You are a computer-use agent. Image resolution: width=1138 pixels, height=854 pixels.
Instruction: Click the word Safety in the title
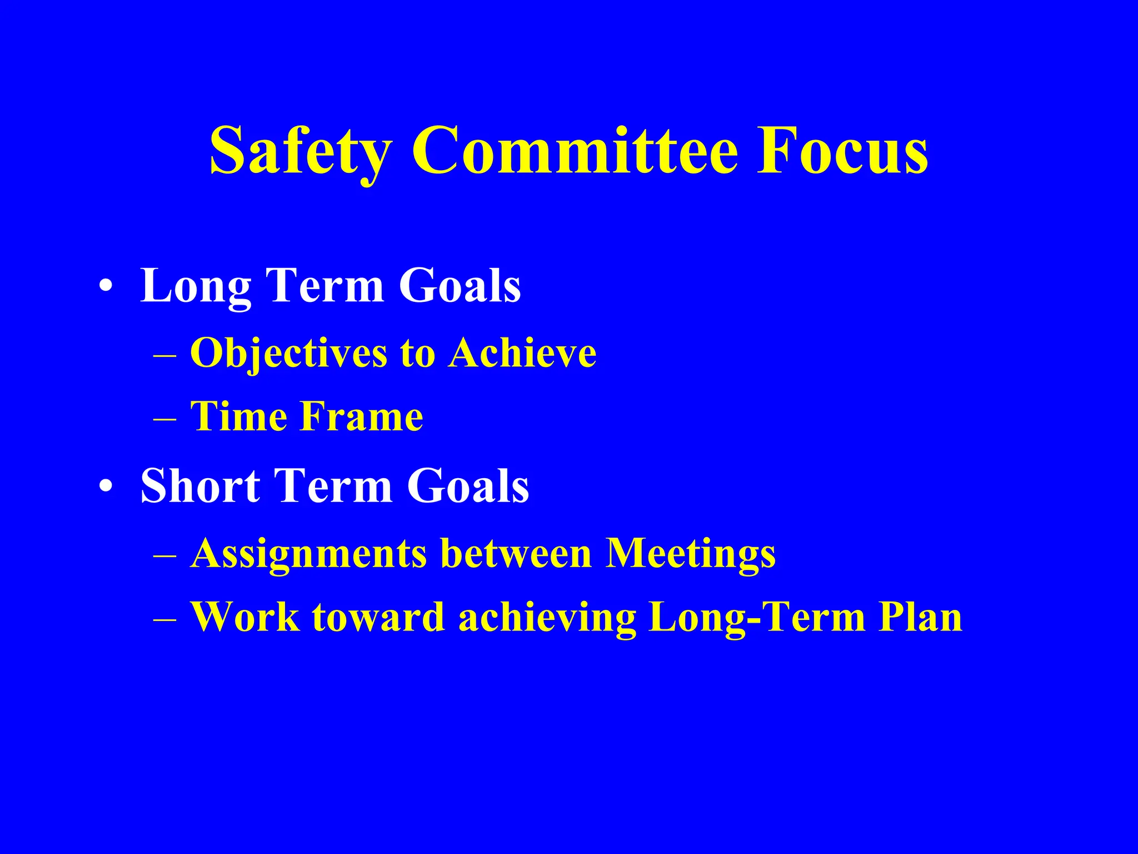(301, 151)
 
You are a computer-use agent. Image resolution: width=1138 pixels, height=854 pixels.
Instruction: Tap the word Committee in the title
(575, 151)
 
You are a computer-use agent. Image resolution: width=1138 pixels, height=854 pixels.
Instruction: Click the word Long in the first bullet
(195, 287)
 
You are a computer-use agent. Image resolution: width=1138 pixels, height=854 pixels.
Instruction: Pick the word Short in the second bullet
(201, 486)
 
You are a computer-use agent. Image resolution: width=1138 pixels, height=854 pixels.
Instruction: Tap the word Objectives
(288, 354)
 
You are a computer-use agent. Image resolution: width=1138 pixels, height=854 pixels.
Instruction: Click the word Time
(238, 416)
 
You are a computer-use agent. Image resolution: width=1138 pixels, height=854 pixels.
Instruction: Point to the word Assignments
(309, 554)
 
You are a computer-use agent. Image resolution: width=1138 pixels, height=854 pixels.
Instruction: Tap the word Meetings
(691, 554)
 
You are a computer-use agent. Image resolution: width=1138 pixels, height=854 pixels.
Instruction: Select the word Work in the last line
(245, 617)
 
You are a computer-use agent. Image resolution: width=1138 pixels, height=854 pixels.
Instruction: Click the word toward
(378, 617)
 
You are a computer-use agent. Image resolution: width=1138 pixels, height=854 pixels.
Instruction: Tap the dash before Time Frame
(165, 419)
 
